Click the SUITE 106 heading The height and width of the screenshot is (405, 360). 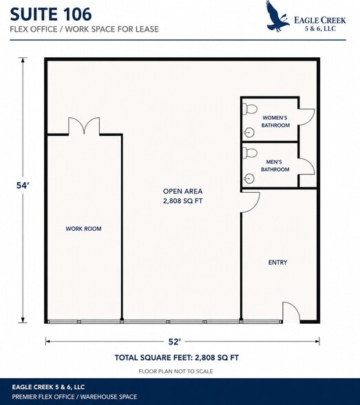[x=51, y=14]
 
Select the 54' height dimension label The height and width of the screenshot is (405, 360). [x=21, y=185]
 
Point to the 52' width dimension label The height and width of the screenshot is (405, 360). [x=174, y=342]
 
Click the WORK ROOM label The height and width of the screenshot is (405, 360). [x=83, y=229]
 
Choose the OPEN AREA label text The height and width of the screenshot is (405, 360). [x=182, y=191]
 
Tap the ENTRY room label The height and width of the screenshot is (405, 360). [x=277, y=262]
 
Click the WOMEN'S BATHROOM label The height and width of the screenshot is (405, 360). [x=275, y=121]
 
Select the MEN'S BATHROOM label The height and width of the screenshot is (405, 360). [x=275, y=165]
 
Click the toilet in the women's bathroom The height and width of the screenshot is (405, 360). [x=250, y=109]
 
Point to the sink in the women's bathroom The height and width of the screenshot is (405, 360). [x=249, y=133]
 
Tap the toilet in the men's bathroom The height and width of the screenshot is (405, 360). [x=250, y=153]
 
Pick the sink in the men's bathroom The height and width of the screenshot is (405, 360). [x=249, y=178]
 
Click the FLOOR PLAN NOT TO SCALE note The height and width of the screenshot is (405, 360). [x=176, y=371]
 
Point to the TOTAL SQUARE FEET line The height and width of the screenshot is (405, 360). [x=177, y=357]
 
